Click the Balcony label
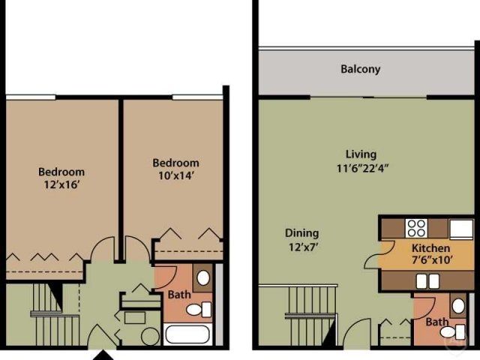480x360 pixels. coord(360,69)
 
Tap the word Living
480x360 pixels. coord(361,154)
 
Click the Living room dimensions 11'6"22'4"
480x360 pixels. coord(362,169)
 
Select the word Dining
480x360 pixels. coord(301,232)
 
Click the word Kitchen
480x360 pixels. coord(430,248)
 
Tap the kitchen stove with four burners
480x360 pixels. coord(415,226)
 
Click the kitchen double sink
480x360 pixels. coord(427,280)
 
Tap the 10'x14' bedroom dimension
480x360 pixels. coord(175,176)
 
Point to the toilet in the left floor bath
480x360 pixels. coord(196,309)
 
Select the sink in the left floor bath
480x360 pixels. coord(202,278)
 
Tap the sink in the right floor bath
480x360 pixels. coord(457,304)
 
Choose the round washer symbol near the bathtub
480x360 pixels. coord(150,335)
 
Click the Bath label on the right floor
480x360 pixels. coord(436,322)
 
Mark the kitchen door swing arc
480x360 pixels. coord(370,256)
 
